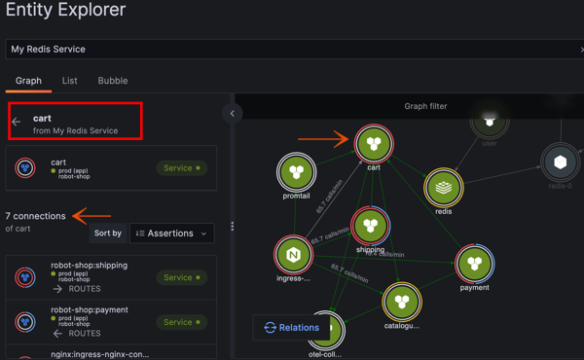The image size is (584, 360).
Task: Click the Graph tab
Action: click(28, 81)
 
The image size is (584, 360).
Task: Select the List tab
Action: click(70, 81)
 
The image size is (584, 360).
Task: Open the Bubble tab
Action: click(113, 81)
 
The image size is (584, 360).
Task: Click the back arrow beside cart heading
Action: click(17, 123)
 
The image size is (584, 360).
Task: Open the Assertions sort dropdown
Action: click(172, 234)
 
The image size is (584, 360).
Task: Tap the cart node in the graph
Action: click(374, 144)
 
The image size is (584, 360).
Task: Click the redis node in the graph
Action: click(443, 187)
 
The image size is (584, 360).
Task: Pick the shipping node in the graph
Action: click(370, 227)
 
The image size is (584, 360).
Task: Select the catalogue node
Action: click(402, 303)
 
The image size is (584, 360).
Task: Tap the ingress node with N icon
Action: click(293, 255)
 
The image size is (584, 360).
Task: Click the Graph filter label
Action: click(425, 106)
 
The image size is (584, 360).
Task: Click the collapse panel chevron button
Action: click(232, 114)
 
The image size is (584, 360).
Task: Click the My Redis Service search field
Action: click(292, 49)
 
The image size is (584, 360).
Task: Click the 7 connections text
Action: click(35, 216)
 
